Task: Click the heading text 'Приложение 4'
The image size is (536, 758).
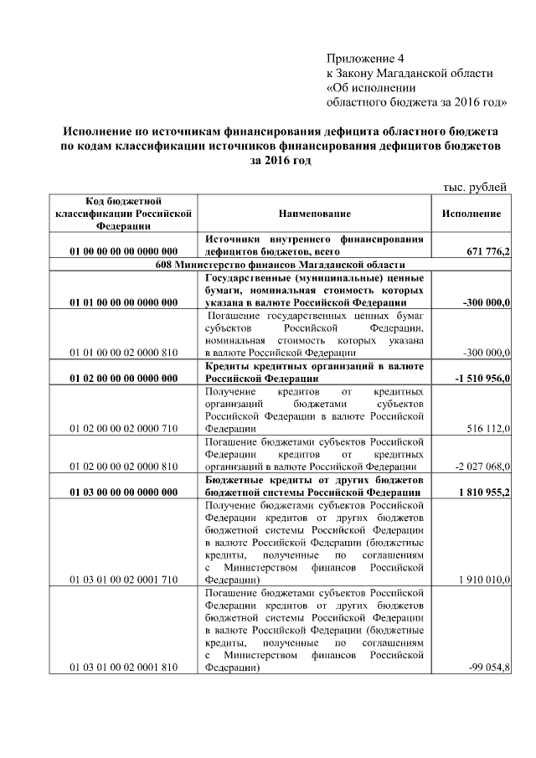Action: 364,59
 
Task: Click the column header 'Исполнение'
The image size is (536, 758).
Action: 472,214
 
